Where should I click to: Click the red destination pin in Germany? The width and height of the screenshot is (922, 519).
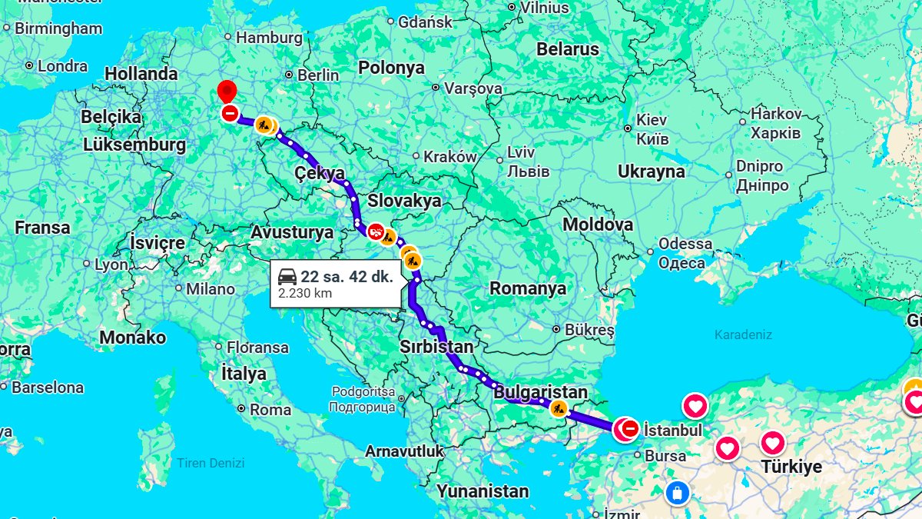click(x=227, y=91)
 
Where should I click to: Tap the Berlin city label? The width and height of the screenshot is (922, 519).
click(x=317, y=75)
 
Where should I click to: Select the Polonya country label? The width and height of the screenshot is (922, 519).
click(x=391, y=68)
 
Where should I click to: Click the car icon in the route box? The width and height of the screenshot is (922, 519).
click(x=287, y=277)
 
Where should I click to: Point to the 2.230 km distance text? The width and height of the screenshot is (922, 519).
click(x=305, y=293)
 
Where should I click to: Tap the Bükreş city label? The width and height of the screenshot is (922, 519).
click(x=589, y=330)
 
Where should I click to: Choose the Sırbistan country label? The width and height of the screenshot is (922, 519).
click(x=436, y=347)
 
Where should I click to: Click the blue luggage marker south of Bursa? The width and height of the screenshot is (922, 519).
click(x=677, y=491)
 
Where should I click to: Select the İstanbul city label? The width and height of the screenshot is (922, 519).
click(x=673, y=430)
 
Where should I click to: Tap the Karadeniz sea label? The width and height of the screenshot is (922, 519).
click(x=743, y=334)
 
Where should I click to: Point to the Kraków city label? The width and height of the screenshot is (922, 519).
click(x=449, y=157)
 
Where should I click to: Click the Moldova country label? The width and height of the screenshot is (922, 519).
click(x=598, y=225)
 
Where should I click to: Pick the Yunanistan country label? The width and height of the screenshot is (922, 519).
click(x=483, y=491)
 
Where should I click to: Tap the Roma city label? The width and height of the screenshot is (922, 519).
click(x=270, y=410)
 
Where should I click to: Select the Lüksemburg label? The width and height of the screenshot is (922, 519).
click(x=134, y=145)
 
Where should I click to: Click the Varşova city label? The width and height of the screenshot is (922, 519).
click(x=473, y=88)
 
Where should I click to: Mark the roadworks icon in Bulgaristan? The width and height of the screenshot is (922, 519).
click(x=559, y=409)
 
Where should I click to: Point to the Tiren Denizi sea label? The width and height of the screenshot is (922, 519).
click(x=211, y=463)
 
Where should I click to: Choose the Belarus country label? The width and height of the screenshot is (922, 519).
click(x=568, y=49)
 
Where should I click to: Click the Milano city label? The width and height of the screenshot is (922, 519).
click(x=210, y=289)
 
